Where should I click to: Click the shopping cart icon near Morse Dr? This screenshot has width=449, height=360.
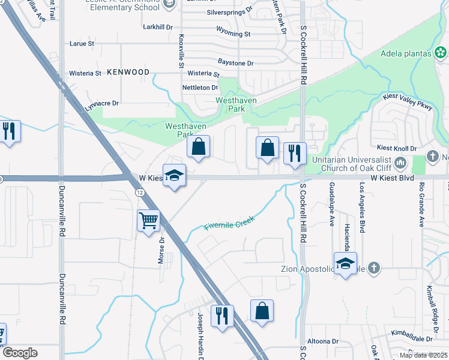(148, 220)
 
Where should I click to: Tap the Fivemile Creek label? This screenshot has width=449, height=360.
(229, 223)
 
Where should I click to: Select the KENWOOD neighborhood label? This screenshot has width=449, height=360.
(128, 72)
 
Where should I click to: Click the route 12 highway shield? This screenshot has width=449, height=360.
(139, 191)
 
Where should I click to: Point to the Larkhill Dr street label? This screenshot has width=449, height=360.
(158, 27)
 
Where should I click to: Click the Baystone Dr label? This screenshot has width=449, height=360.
(235, 63)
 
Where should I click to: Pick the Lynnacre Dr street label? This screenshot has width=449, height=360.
(102, 105)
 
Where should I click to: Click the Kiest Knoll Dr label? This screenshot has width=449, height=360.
(396, 148)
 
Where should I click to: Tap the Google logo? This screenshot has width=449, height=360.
(20, 353)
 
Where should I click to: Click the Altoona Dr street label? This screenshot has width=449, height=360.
(323, 341)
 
